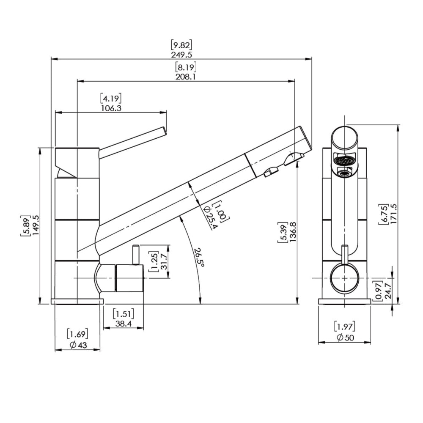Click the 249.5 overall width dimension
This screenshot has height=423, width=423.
(x=181, y=55)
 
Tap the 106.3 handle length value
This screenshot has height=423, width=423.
(x=111, y=108)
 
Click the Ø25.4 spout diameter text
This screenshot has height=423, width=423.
(x=210, y=217)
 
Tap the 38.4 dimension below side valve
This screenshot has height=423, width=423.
(x=124, y=324)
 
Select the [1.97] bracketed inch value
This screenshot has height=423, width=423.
(x=345, y=327)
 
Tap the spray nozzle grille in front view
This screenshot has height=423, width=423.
(x=344, y=161)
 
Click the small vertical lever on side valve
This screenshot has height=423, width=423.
(x=136, y=255)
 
